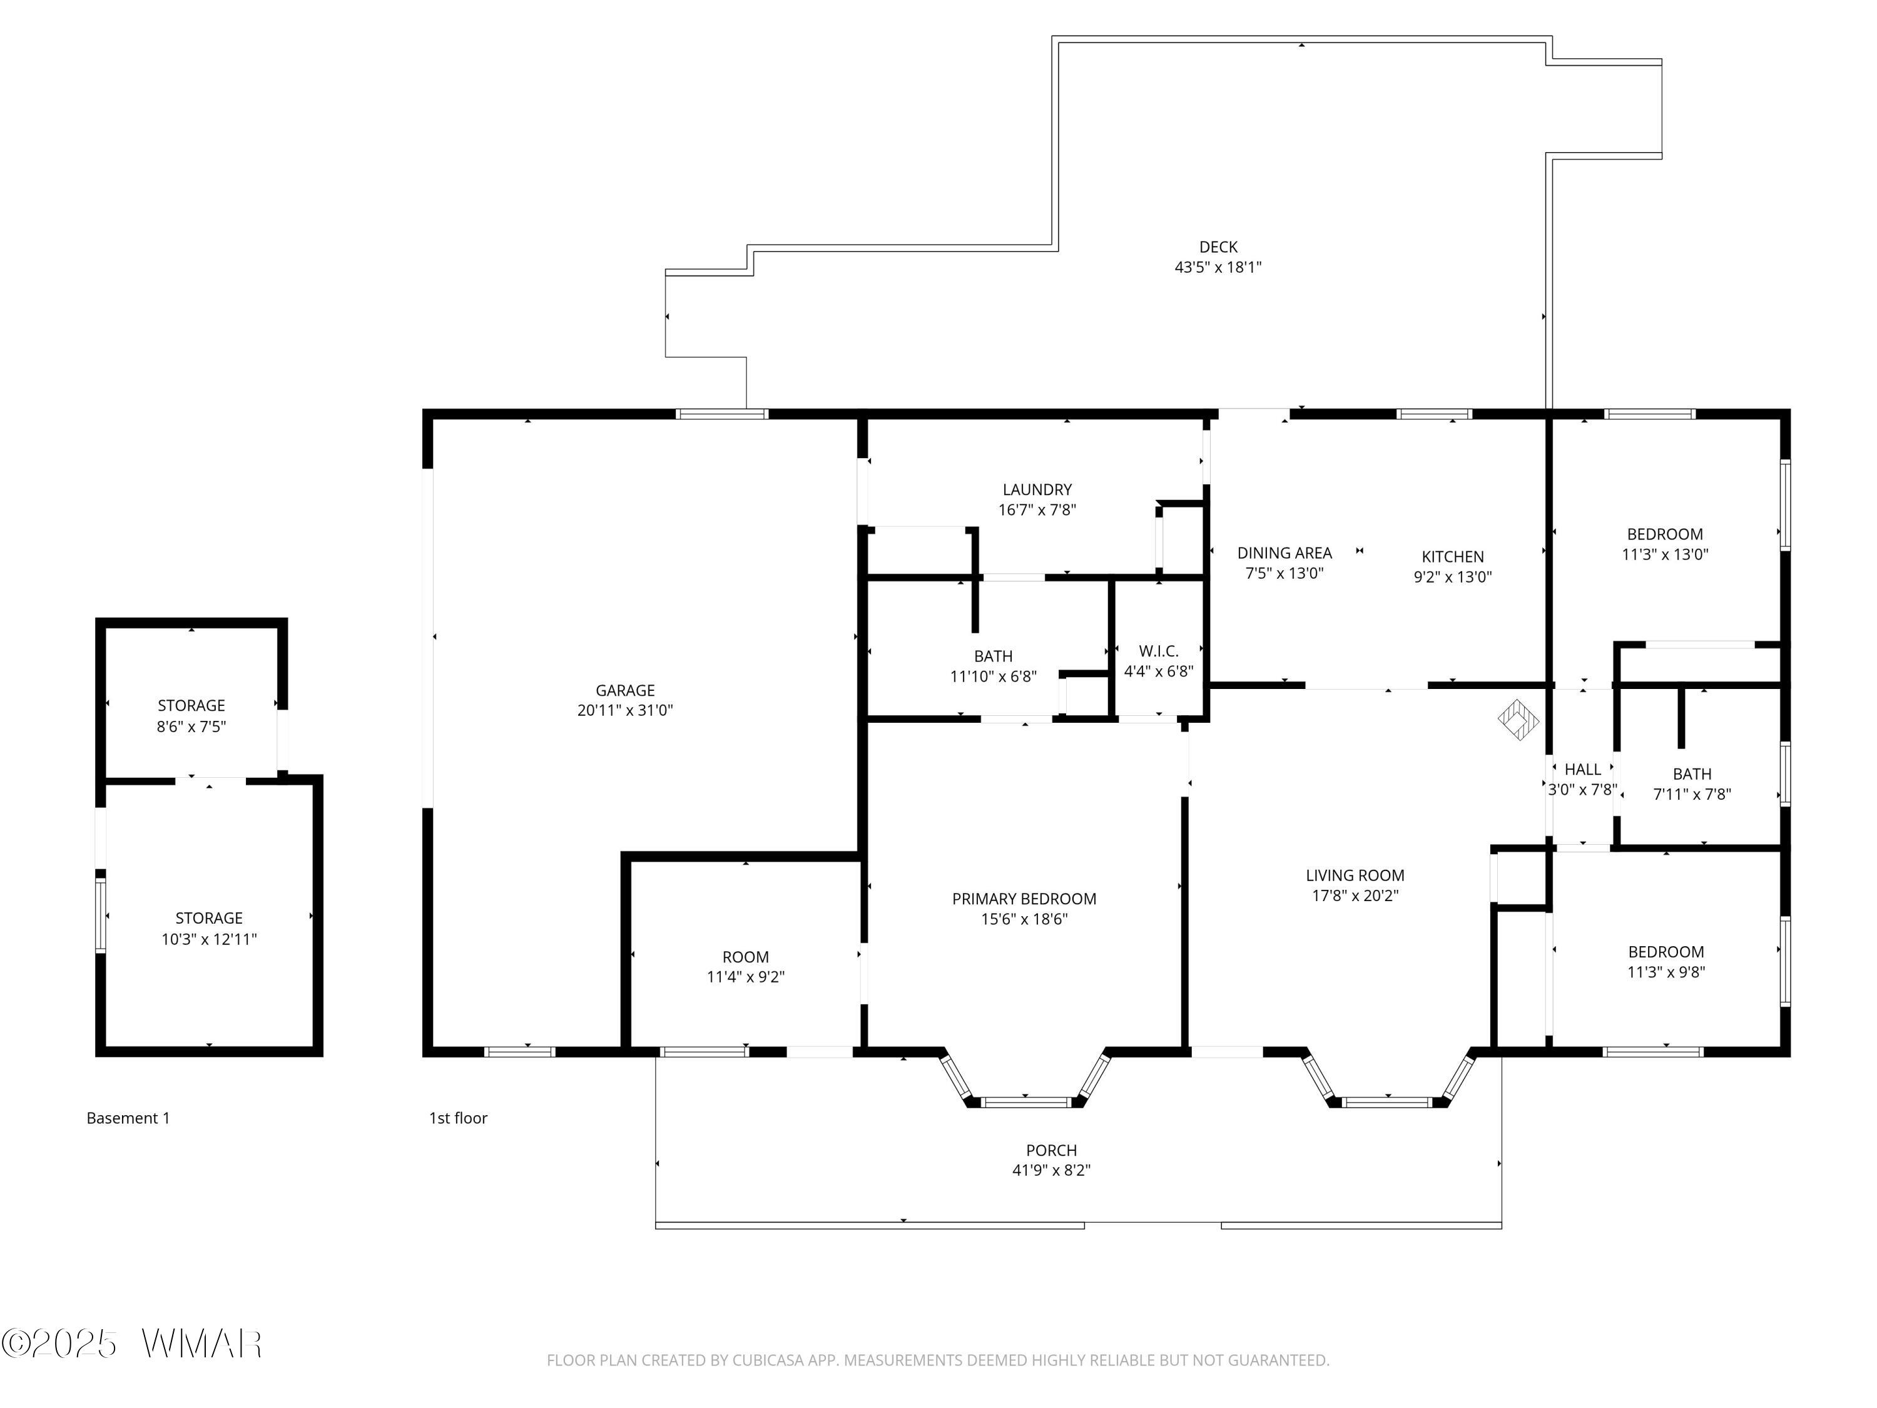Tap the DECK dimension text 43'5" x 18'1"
(1218, 267)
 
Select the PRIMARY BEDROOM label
(1024, 899)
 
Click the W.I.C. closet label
(1158, 651)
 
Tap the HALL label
(1582, 770)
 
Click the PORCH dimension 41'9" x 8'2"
(1051, 1170)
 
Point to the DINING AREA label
(1284, 553)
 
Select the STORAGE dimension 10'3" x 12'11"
(209, 939)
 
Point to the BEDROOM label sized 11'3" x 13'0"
(1665, 534)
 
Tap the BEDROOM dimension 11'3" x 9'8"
(1666, 972)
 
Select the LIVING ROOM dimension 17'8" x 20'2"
(1355, 895)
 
